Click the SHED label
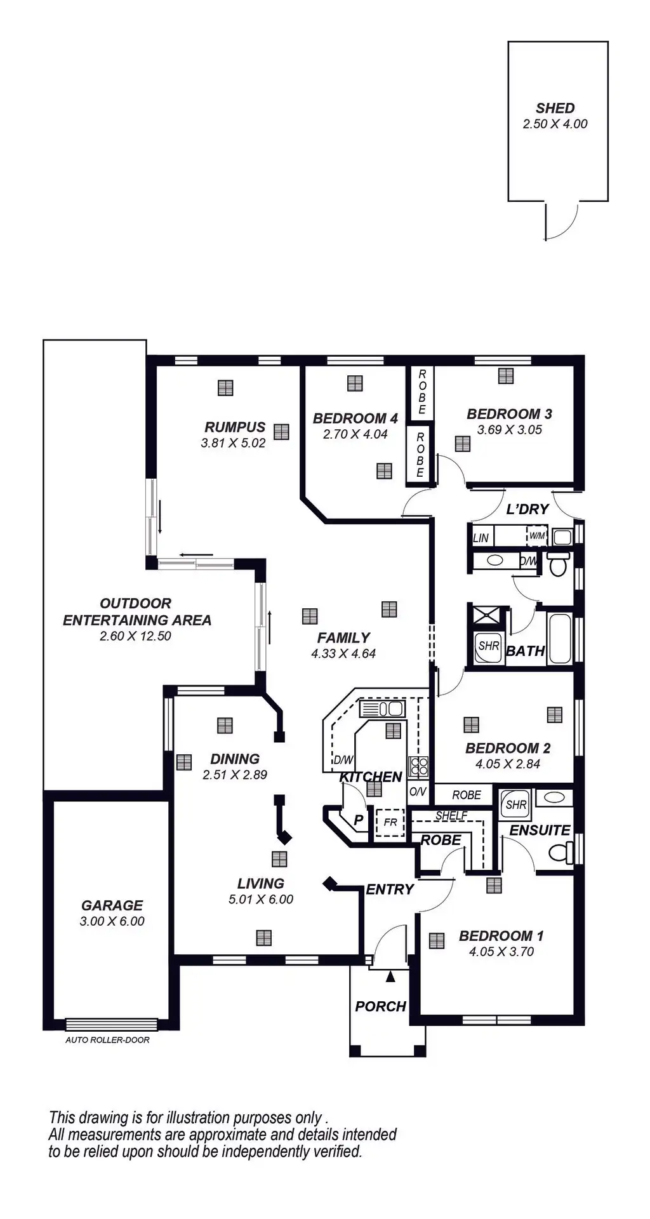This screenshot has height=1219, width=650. point(555,109)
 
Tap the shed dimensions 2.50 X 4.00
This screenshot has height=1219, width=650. point(555,124)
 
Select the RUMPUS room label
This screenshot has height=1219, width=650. point(235,427)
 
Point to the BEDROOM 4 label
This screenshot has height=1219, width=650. point(355,418)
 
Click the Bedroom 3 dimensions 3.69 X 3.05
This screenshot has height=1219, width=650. point(510,430)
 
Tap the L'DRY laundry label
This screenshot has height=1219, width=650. point(527,509)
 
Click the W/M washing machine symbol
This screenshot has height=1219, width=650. point(537,536)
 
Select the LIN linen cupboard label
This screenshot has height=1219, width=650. point(481,538)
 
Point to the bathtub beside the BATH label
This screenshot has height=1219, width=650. point(560,639)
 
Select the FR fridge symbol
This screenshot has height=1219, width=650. point(390,822)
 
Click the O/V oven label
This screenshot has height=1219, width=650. point(417,792)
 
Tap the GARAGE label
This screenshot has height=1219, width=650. point(112,905)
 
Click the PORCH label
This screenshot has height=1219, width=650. point(380,1006)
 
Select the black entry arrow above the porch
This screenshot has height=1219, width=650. point(390,976)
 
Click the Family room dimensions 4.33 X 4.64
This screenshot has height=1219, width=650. point(343,653)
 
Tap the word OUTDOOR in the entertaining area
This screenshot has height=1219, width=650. point(135,603)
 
